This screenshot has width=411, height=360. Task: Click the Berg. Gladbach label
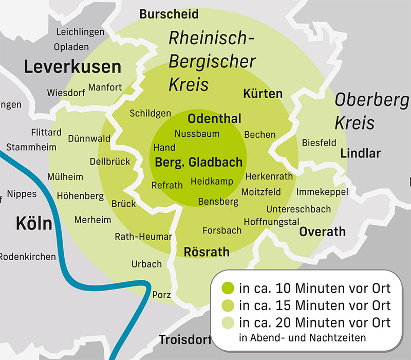pos(198,163)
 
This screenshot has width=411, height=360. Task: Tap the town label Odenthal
pos(214,119)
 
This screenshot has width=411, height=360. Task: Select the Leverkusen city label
pos(72,67)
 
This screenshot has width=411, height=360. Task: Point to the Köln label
pos(34,224)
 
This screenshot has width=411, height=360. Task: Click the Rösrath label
pos(207,252)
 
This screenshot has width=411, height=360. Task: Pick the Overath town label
pos(322,232)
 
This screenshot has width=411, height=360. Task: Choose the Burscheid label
pos(169,14)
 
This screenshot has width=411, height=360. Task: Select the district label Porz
pos(161,295)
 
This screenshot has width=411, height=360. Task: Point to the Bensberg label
pos(218,202)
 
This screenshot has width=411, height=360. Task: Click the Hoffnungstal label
pos(271,222)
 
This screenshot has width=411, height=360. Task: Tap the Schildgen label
pos(150,113)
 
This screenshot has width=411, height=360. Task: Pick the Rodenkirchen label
pos(27,256)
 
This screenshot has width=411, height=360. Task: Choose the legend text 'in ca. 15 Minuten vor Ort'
pos(314,305)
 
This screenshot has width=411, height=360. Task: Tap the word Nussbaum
pos(197,134)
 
